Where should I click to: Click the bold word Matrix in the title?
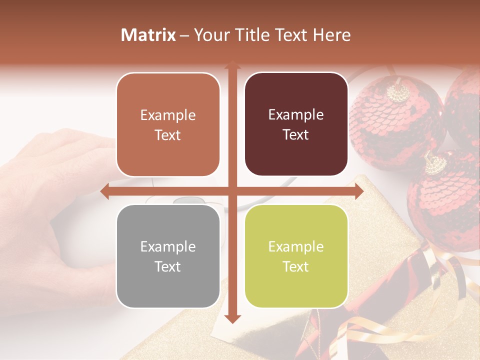click(x=148, y=35)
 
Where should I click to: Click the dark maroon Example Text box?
click(x=296, y=124)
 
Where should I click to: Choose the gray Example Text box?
click(x=168, y=256)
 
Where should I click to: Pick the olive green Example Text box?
click(x=296, y=256)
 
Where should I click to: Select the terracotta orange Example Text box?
click(x=168, y=124)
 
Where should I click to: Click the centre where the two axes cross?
click(x=232, y=191)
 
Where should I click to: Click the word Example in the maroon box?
click(x=296, y=115)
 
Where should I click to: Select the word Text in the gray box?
click(x=168, y=266)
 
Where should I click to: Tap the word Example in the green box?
click(x=296, y=246)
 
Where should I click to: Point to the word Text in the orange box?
click(x=168, y=135)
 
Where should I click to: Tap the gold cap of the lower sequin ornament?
click(x=435, y=162)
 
